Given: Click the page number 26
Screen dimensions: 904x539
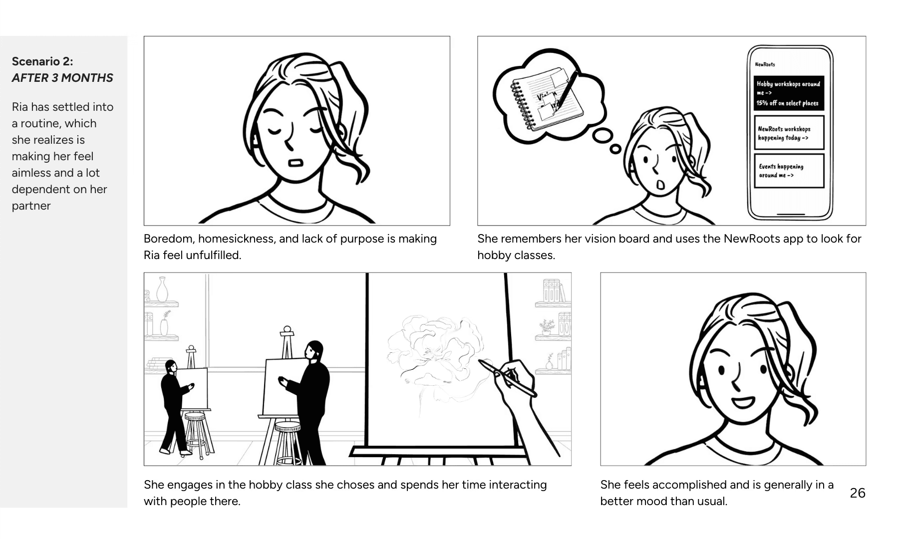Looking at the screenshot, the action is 858,493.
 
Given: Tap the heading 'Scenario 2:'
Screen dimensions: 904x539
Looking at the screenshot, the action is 42,61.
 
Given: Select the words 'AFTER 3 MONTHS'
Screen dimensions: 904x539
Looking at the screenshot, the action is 62,78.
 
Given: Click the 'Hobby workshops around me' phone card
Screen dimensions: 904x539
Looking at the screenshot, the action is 789,93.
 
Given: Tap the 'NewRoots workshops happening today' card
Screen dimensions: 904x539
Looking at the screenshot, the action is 789,133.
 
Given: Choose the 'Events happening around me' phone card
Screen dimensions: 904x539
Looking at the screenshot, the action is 789,171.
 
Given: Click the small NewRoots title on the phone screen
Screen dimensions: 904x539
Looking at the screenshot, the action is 765,64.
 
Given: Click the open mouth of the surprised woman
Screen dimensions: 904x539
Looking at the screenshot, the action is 660,185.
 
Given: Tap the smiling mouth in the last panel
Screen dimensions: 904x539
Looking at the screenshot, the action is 743,401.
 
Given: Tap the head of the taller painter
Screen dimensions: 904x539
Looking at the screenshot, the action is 314,351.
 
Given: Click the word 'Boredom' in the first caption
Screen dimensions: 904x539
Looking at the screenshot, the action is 168,239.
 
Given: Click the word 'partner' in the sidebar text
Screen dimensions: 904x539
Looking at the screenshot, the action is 31,206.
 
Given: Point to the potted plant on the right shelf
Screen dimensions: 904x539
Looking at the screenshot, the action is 548,327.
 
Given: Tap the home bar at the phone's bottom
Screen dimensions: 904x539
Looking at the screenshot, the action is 791,214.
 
